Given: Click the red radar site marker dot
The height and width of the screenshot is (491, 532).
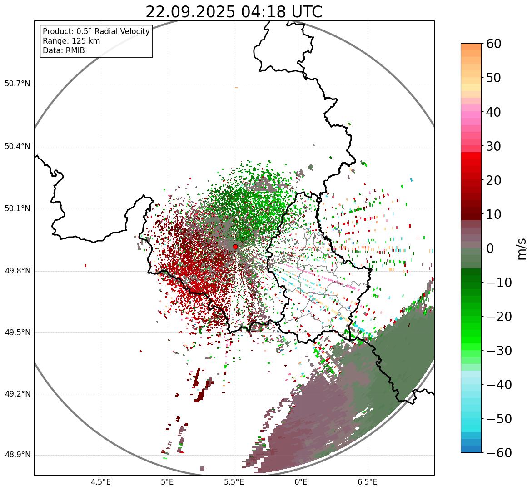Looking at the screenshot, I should pos(235,247).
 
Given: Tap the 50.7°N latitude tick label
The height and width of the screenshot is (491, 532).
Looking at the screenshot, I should pos(17,84).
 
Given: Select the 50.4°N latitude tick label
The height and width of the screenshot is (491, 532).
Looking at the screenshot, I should pos(17,146).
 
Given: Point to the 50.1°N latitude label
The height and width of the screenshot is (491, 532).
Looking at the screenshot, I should pos(17,209).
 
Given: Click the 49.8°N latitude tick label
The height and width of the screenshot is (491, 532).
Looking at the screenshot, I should pos(17,271).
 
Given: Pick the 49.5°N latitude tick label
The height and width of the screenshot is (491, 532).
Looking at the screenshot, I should pos(17,332).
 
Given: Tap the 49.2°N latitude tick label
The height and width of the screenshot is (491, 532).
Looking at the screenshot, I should pos(17,394).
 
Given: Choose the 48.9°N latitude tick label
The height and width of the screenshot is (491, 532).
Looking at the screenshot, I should pos(17,455).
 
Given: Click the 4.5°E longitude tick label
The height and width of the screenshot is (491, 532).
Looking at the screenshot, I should pos(101,482).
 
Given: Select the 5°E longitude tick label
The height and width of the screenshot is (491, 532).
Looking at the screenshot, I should pos(168,482).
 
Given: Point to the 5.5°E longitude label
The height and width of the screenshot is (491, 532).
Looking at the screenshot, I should pos(234,482).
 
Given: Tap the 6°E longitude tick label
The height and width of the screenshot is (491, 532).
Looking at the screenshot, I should pos(301,482).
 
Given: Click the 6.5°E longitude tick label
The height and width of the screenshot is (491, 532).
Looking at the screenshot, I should pos(368,482).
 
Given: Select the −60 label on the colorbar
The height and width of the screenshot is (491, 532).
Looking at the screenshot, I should pos(498,453).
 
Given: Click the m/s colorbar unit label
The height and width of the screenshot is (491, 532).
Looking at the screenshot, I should pos(522,248).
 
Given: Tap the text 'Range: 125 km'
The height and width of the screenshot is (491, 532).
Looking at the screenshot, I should pos(71,41).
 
